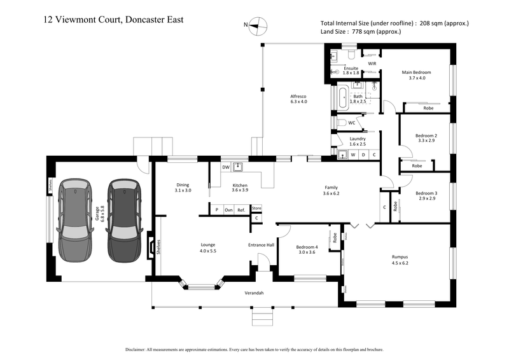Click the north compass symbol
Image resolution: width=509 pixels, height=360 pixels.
click(258, 25)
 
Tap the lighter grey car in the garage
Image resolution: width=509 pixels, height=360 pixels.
click(74, 218)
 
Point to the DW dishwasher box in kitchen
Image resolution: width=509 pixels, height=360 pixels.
click(225, 167)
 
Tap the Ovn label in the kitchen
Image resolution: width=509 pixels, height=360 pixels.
click(228, 210)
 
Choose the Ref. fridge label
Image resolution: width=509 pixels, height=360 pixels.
click(241, 210)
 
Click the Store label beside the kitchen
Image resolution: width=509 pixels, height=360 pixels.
click(256, 208)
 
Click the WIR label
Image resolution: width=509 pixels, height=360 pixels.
click(373, 64)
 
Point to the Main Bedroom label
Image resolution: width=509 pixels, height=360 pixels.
click(417, 72)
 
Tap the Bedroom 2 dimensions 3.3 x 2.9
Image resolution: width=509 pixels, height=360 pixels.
click(426, 140)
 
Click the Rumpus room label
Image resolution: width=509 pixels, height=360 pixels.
click(400, 257)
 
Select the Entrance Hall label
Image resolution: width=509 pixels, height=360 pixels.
click(261, 245)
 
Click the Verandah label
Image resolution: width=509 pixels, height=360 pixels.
click(254, 293)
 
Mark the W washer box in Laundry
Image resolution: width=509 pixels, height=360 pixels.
click(352, 155)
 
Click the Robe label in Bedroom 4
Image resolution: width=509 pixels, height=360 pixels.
click(335, 239)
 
